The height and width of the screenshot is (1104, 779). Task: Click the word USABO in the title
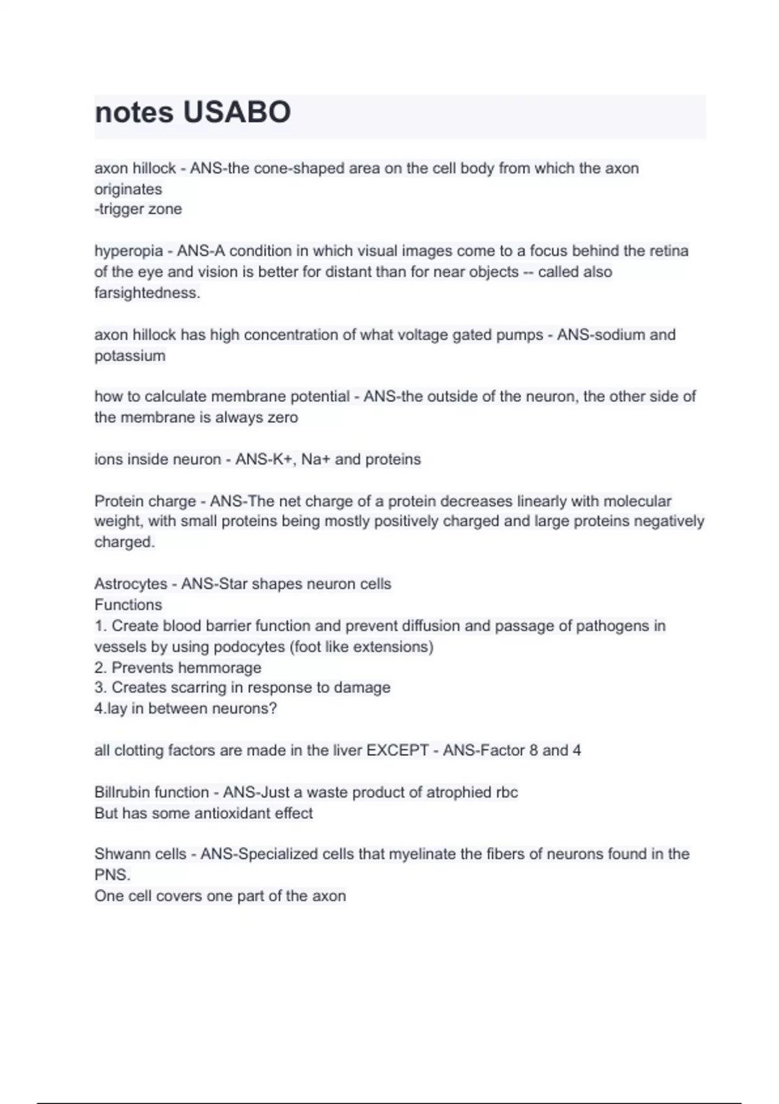(x=237, y=112)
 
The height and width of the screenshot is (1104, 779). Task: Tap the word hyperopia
(x=129, y=251)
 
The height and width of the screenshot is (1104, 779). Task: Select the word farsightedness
(x=147, y=293)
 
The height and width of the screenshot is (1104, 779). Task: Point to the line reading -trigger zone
(x=138, y=209)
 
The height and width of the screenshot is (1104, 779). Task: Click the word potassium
(x=130, y=356)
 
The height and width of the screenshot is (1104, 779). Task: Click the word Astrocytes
(x=130, y=584)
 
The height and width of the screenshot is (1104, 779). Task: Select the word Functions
(x=128, y=605)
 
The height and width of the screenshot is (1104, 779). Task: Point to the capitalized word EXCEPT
(x=397, y=751)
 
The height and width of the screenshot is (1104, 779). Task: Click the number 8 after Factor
(x=534, y=751)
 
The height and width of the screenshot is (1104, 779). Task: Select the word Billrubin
(x=124, y=792)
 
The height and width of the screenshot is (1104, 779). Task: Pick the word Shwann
(x=122, y=854)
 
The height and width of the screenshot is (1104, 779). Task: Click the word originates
(x=128, y=189)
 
